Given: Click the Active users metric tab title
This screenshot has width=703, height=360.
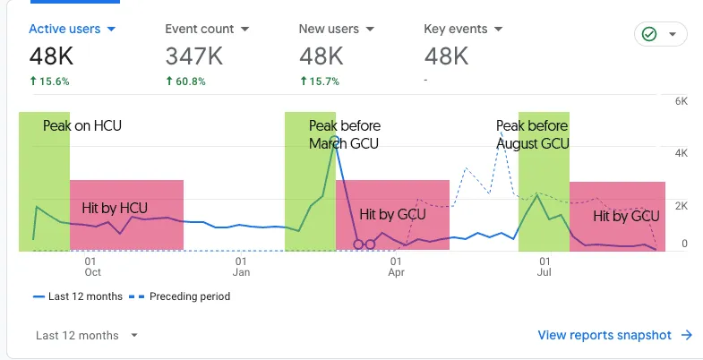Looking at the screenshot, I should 73,29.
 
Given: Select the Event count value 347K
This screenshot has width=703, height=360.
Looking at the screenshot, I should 194,56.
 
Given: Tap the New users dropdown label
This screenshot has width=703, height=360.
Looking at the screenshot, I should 336,29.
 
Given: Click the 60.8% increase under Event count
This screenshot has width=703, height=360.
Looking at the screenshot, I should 185,81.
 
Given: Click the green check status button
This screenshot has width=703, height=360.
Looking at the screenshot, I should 660,34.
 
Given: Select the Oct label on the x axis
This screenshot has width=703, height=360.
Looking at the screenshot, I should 92,271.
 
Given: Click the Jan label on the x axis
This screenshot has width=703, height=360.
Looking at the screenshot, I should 241,271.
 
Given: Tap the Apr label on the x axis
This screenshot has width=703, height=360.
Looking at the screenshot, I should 395,271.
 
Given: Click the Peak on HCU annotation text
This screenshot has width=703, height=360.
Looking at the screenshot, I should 81,126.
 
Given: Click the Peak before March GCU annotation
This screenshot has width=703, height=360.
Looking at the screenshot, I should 344,134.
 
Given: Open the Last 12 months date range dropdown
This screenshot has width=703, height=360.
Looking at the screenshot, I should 87,336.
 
